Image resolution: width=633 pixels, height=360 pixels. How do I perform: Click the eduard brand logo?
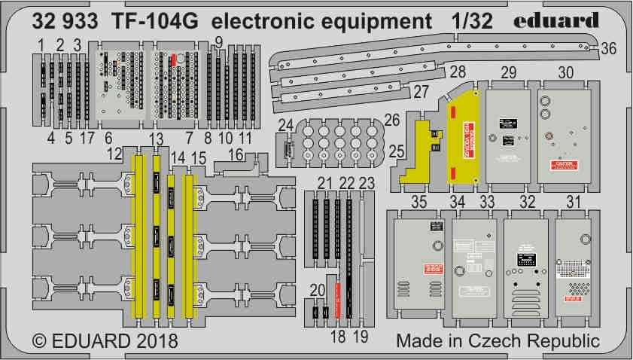[558, 20]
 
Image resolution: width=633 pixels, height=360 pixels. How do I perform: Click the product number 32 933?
[64, 21]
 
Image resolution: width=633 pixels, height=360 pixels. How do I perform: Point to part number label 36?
[609, 48]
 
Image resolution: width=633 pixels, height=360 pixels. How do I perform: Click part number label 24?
[285, 125]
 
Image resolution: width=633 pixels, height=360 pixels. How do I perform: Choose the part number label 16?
[236, 154]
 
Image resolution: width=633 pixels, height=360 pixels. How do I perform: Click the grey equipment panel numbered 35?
[414, 264]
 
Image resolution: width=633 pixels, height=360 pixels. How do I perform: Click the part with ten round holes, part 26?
[339, 141]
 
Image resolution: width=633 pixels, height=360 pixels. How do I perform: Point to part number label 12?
[114, 154]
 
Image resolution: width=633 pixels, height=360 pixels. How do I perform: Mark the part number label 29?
[509, 72]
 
